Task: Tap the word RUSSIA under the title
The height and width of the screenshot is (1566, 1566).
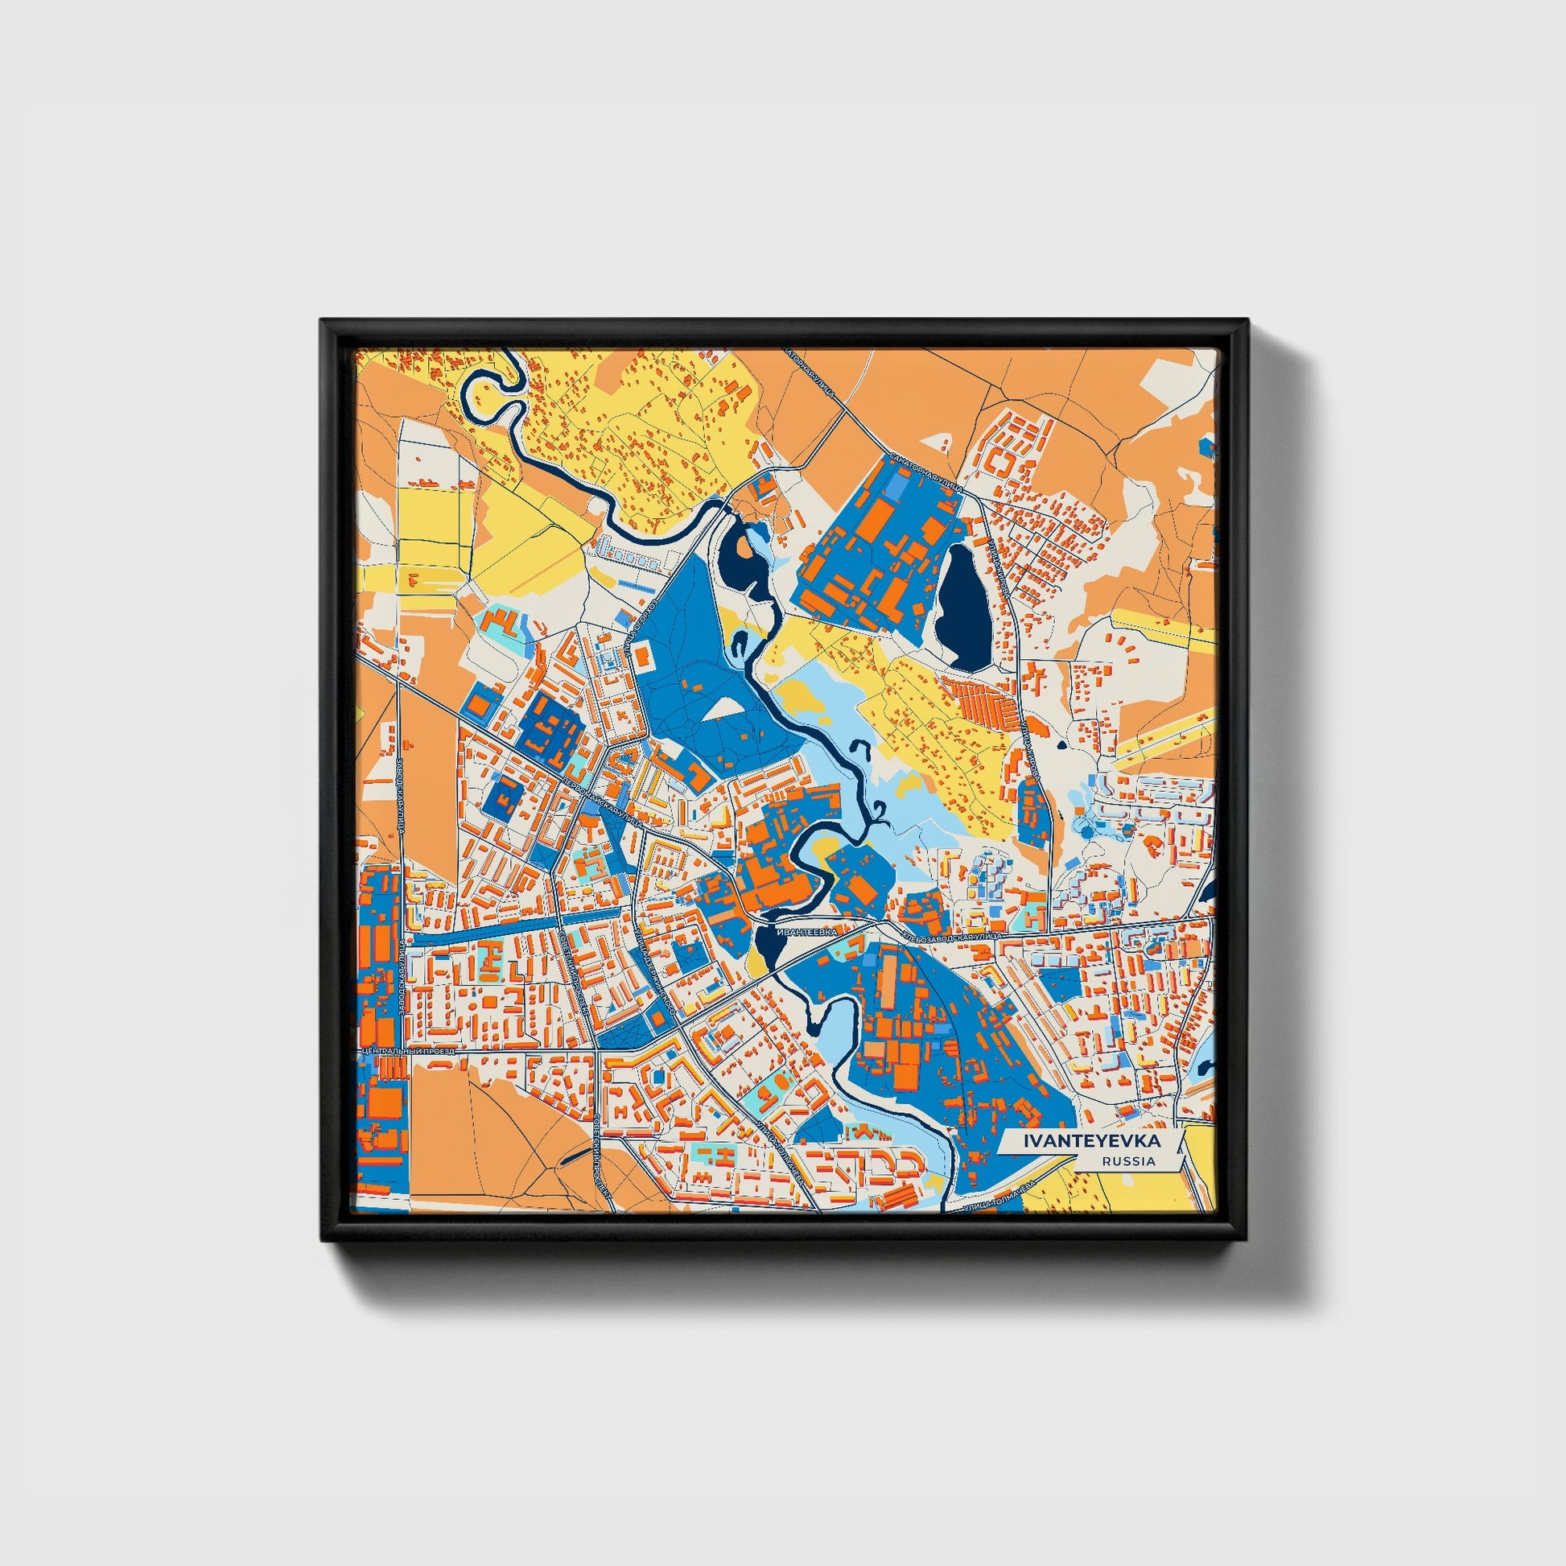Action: [1129, 1160]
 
